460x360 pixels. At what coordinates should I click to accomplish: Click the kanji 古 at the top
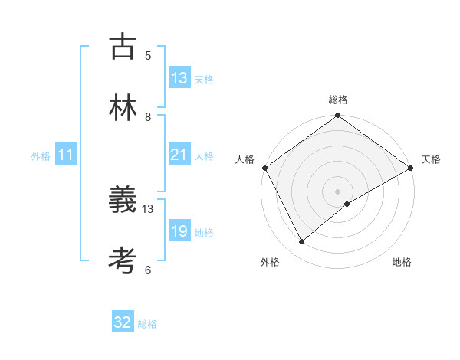tap(123, 47)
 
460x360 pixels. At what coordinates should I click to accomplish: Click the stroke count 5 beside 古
tap(148, 55)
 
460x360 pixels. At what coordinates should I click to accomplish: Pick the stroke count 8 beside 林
tap(148, 116)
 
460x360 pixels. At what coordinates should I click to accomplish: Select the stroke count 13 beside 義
tap(148, 208)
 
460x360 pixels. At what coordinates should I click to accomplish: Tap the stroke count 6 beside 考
tap(148, 270)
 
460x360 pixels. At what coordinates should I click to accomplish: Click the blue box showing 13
tap(179, 78)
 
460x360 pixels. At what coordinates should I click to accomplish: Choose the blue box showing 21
tap(179, 155)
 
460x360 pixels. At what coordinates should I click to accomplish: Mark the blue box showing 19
tap(179, 231)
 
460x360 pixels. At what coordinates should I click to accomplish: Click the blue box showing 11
tap(66, 155)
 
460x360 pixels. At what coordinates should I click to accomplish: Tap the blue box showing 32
tap(123, 322)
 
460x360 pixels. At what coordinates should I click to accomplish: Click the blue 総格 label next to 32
tap(147, 324)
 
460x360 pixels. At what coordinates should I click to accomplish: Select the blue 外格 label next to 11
tap(41, 156)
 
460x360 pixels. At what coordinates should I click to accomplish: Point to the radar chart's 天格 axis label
tap(431, 159)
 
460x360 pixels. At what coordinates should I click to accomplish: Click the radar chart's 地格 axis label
tap(402, 262)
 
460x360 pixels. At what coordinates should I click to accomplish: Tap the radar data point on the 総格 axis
tap(337, 116)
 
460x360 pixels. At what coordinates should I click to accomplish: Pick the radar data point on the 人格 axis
tap(264, 168)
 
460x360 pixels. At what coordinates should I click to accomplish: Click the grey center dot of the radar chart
tap(337, 191)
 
